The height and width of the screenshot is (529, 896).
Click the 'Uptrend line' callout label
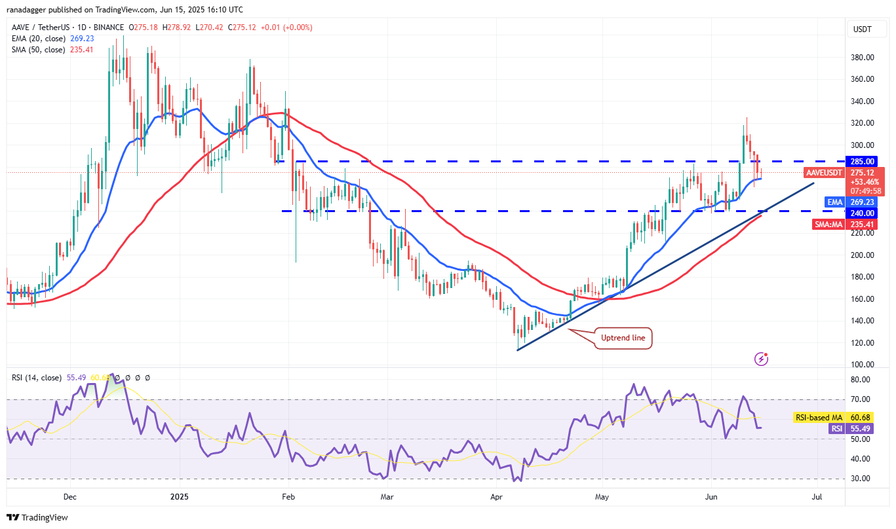point(623,338)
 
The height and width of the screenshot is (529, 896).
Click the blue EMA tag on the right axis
point(834,202)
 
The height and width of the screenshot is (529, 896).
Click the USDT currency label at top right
point(861,29)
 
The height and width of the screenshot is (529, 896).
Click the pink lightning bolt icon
point(761,358)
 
